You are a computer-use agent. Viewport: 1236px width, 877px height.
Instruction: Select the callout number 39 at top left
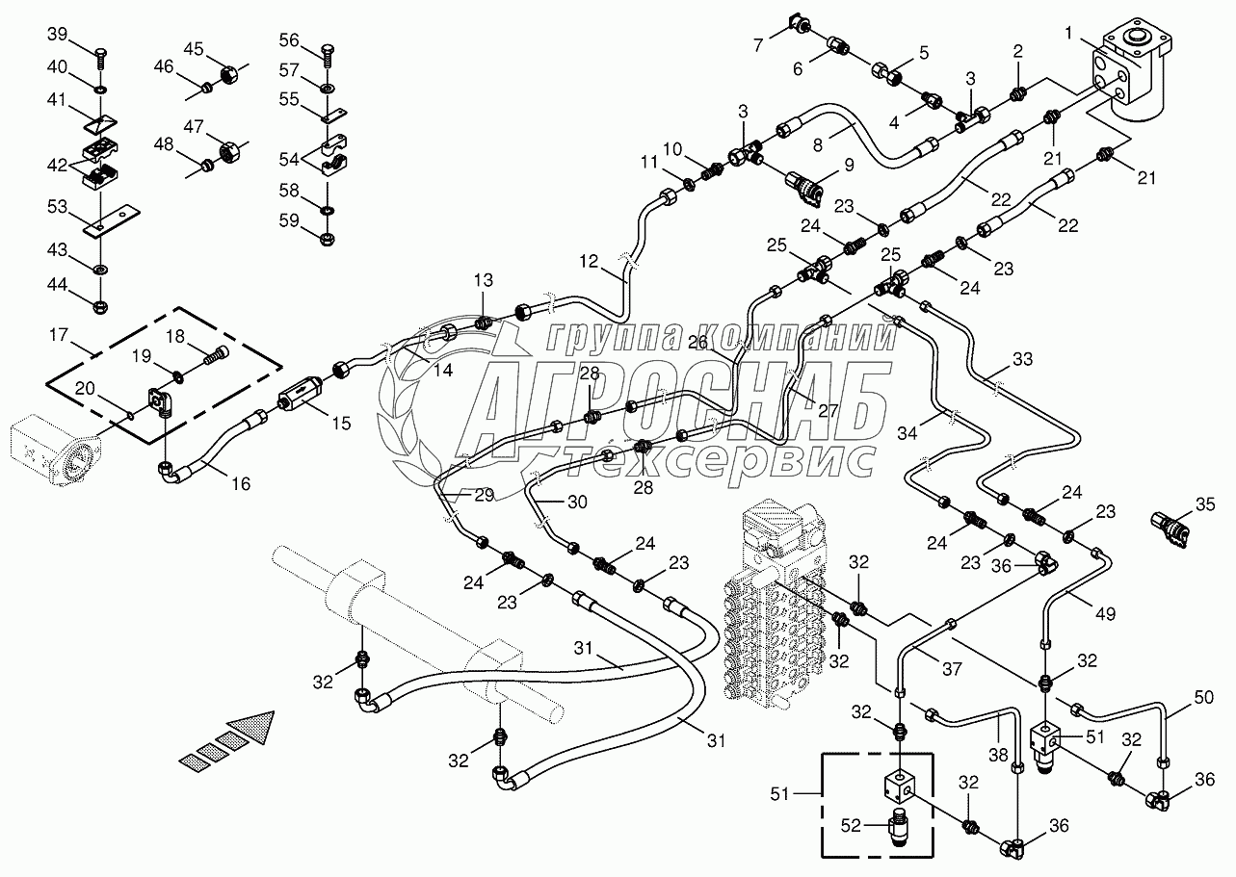[58, 35]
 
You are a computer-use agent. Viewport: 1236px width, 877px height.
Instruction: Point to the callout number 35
[1206, 503]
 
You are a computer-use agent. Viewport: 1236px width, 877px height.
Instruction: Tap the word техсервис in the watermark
[718, 461]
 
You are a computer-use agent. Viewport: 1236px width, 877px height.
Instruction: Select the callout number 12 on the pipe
[589, 261]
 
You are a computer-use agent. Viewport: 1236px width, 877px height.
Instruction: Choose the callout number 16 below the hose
[240, 484]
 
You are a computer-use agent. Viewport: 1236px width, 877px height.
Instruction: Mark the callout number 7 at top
[758, 44]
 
